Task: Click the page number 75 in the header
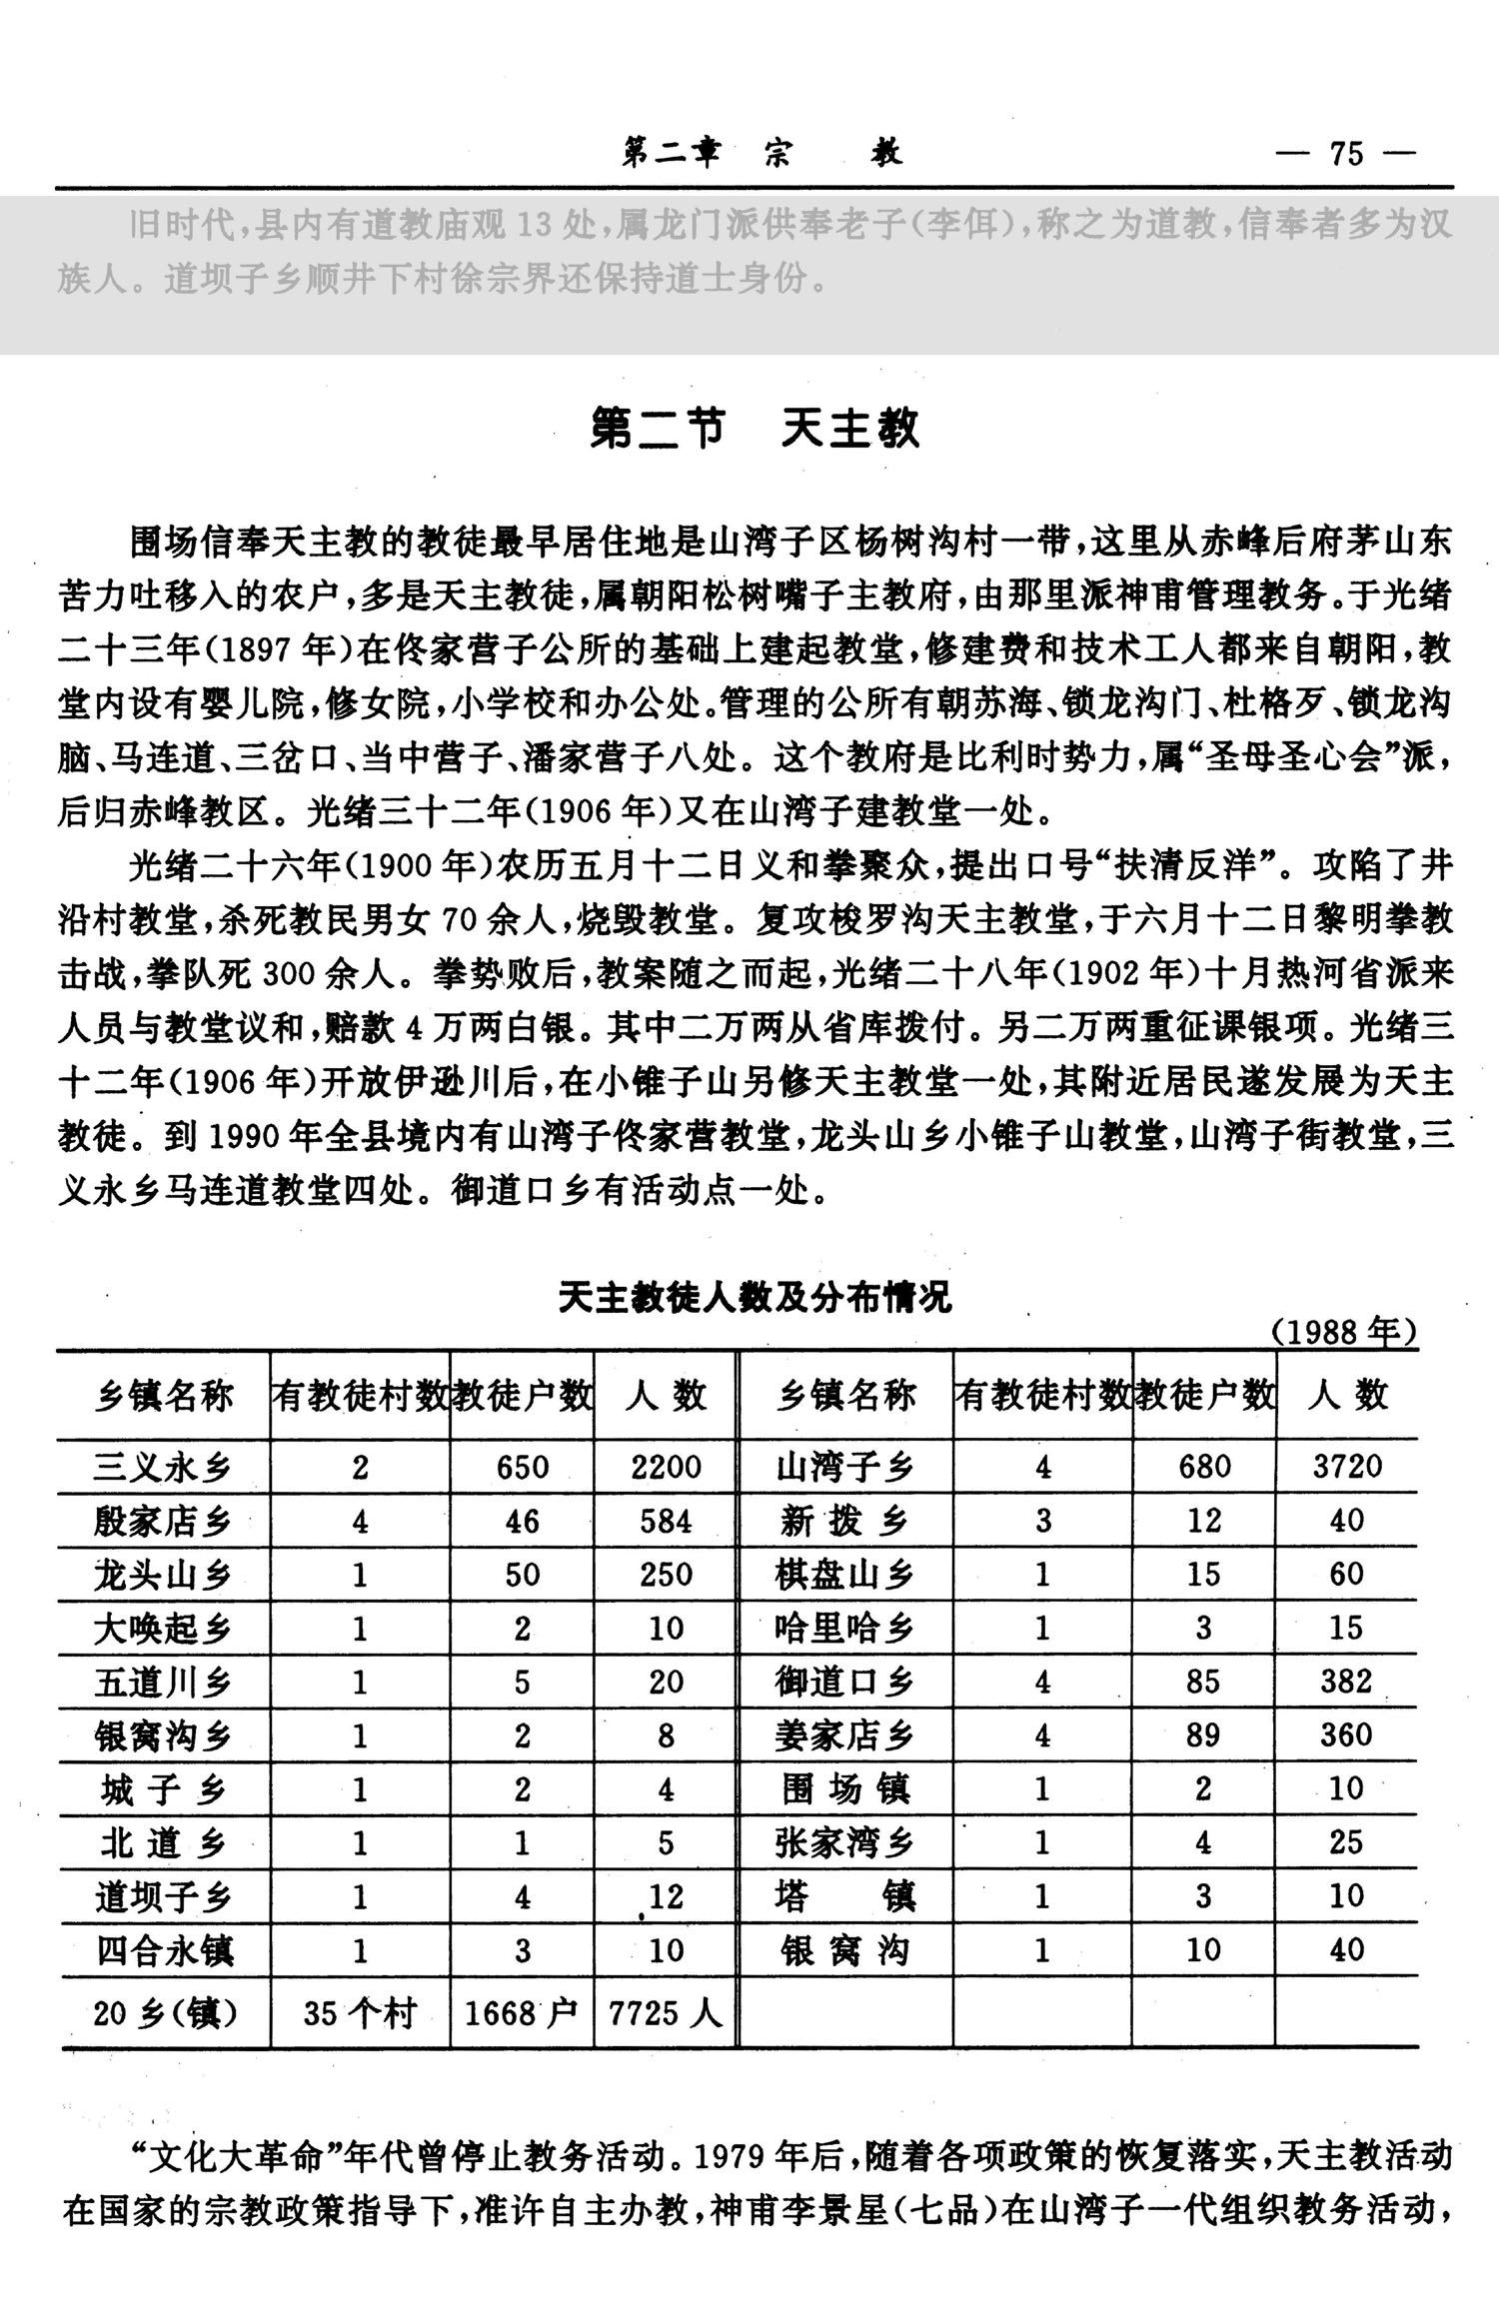[1346, 155]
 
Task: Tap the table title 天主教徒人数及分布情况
[754, 1298]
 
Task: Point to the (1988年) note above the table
[1344, 1333]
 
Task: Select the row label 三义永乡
[163, 1467]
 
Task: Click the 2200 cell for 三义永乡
[666, 1467]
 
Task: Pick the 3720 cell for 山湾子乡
[1347, 1467]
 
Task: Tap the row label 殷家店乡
[163, 1522]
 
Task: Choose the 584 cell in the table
[666, 1522]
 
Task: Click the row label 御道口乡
[844, 1683]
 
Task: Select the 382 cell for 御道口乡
[1346, 1683]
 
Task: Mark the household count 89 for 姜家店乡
[1203, 1736]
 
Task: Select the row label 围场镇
[844, 1789]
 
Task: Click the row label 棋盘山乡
[844, 1576]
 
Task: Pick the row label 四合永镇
[163, 1950]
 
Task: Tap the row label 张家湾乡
[844, 1843]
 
